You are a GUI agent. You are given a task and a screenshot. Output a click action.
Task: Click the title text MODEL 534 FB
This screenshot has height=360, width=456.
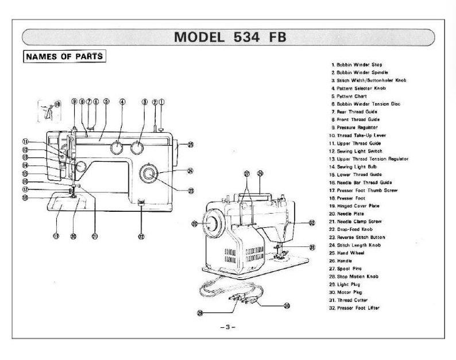pyautogui.click(x=229, y=37)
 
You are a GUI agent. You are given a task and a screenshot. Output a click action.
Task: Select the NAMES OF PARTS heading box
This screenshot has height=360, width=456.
pyautogui.click(x=64, y=56)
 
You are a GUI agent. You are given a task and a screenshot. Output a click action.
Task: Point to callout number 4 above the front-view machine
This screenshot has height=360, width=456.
pyautogui.click(x=122, y=102)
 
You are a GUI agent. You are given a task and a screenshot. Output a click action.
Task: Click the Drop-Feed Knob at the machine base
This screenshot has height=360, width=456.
pyautogui.click(x=141, y=202)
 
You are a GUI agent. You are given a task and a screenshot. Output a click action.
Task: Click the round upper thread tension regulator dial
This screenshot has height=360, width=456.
pyautogui.click(x=80, y=167)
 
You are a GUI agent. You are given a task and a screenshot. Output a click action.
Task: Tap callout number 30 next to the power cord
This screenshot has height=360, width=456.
pyautogui.click(x=287, y=305)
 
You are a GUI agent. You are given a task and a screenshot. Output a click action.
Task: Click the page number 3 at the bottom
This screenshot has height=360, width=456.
pyautogui.click(x=227, y=327)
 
